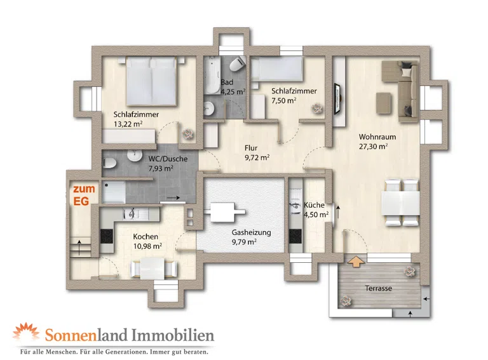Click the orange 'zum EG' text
point(84,195)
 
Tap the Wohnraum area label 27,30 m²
point(373,147)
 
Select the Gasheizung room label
point(251,232)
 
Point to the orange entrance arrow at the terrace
point(356,261)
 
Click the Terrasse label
point(379,288)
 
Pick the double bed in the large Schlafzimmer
point(151,81)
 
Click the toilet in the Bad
point(237,63)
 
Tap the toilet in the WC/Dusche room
point(109,163)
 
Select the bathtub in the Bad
point(212,75)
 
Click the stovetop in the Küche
point(295,236)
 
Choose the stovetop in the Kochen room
point(107,236)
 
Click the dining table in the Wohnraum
point(400,203)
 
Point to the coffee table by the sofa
point(384,103)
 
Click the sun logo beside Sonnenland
point(26,331)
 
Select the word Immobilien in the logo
point(173,335)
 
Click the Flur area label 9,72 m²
point(257,157)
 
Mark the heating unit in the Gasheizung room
point(225,212)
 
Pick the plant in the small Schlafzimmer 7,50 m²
point(317,109)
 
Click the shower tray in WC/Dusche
point(114,192)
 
